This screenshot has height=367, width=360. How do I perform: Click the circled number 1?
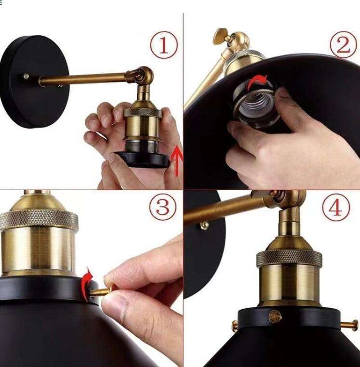[163, 45]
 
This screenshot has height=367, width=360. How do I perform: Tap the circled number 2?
[343, 45]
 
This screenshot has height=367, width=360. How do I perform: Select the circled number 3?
[163, 209]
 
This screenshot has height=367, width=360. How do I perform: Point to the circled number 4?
[336, 208]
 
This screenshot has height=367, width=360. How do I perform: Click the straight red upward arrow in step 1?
[177, 160]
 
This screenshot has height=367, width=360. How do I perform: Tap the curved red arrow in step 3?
[86, 284]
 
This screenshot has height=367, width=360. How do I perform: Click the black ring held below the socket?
[142, 159]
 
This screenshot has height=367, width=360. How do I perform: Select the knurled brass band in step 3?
[39, 220]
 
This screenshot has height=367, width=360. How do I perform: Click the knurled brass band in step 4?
[289, 258]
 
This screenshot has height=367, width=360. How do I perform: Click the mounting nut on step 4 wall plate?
[204, 225]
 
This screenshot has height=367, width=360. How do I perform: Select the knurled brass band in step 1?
[142, 113]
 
